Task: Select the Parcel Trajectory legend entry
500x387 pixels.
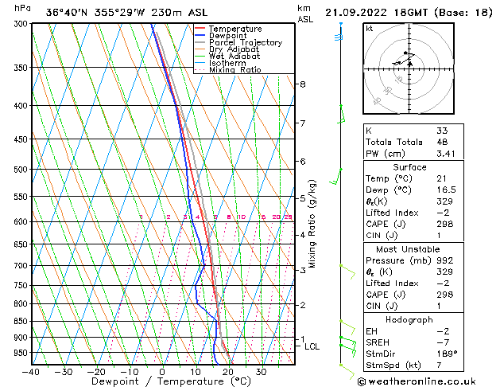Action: click(237, 42)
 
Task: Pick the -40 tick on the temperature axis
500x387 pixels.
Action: click(32, 372)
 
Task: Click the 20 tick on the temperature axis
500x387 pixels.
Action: click(228, 372)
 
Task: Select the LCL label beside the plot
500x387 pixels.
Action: click(312, 346)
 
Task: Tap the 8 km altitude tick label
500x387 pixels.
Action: click(303, 84)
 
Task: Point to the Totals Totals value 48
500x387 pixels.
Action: click(442, 142)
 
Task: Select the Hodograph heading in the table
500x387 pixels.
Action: click(410, 319)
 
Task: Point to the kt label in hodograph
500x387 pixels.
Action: click(370, 28)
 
